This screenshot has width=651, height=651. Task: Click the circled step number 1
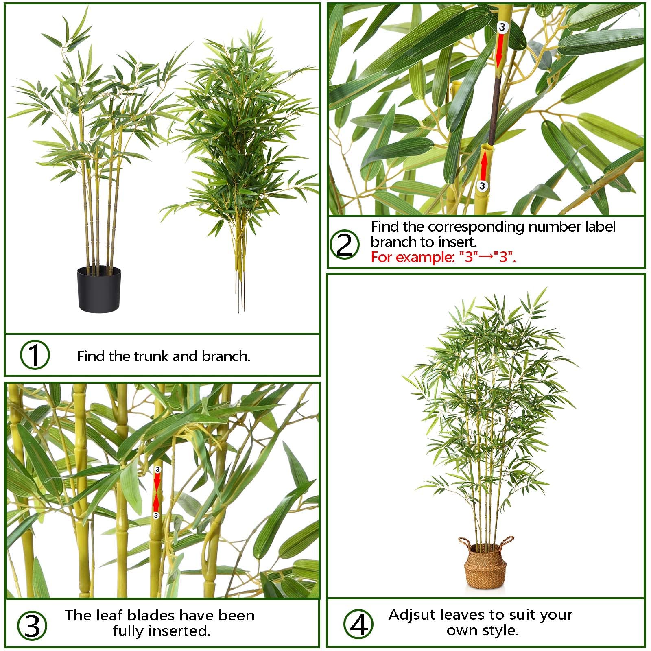35,355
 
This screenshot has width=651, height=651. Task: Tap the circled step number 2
345,244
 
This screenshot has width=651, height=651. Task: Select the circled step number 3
32,625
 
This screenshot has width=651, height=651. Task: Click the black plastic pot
99,289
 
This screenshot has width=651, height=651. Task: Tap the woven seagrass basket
483,566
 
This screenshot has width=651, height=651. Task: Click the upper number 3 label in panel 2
502,27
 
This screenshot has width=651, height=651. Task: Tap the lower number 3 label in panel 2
482,186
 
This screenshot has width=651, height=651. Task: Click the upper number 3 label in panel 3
158,470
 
